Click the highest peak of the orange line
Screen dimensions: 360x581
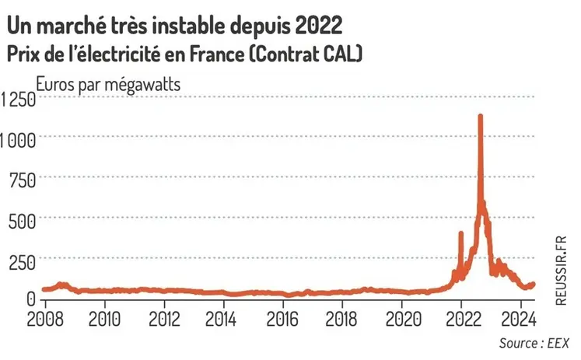pos(480,116)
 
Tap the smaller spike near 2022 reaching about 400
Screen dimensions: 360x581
pos(461,232)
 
